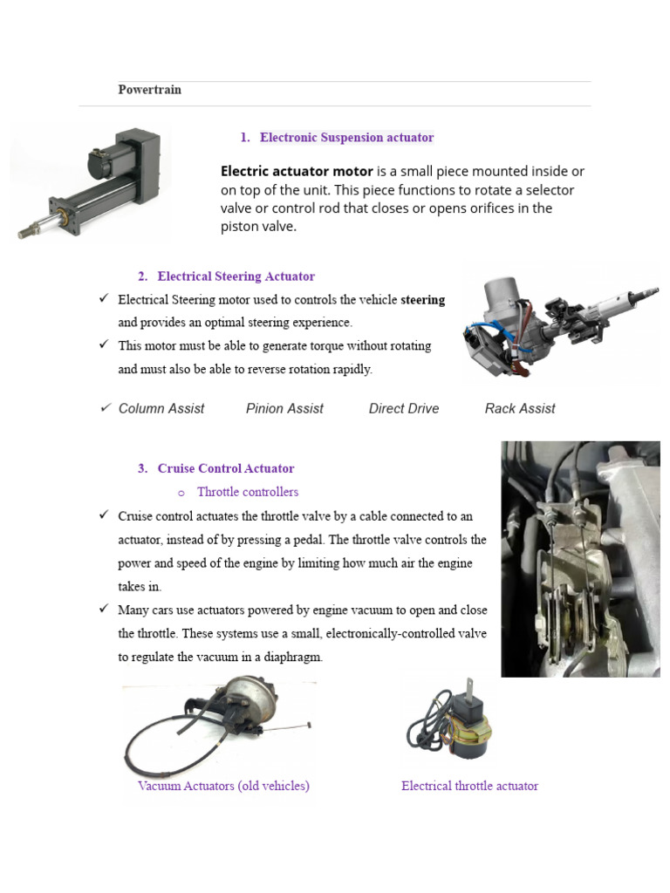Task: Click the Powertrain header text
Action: [x=149, y=90]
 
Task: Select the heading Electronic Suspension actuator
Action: [x=346, y=137]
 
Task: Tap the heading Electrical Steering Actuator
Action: [x=236, y=276]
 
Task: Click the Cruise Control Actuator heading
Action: [x=225, y=468]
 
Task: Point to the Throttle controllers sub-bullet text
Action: [x=248, y=492]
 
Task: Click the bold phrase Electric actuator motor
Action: [x=297, y=172]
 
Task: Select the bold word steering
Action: [x=422, y=300]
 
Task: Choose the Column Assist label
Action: [x=161, y=408]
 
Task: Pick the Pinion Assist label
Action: [x=284, y=408]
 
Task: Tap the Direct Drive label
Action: [x=404, y=408]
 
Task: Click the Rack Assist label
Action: [x=520, y=408]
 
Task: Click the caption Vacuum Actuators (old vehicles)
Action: [x=223, y=786]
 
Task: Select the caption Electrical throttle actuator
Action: [x=469, y=786]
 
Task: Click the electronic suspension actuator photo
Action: [x=92, y=181]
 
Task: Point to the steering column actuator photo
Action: [x=558, y=323]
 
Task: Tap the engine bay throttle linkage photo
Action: [x=580, y=558]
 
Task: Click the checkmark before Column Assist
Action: [x=106, y=407]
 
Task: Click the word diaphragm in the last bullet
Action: [x=292, y=657]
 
